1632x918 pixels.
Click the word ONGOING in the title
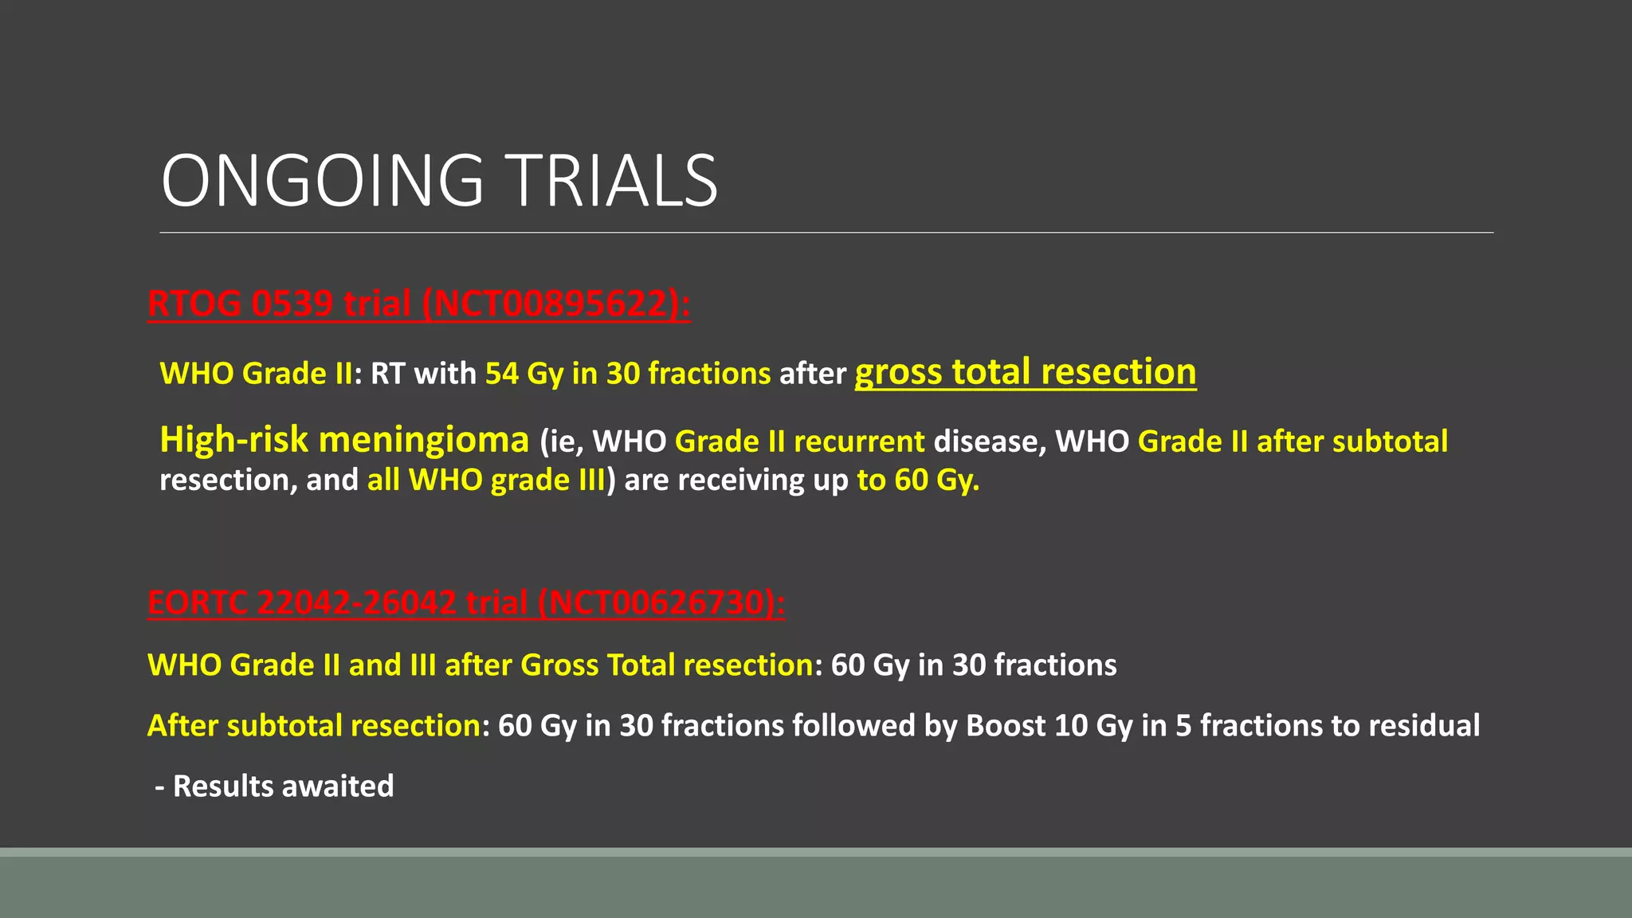click(322, 182)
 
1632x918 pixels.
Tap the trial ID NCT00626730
click(653, 603)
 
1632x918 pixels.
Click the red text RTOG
click(194, 304)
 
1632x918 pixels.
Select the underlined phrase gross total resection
click(1025, 372)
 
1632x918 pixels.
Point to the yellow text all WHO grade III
click(486, 481)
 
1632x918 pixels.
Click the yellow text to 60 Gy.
click(917, 481)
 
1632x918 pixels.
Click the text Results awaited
click(283, 787)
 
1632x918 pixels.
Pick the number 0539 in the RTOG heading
click(292, 304)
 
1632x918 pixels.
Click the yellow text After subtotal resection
click(314, 726)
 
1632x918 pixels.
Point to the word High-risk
click(233, 440)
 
